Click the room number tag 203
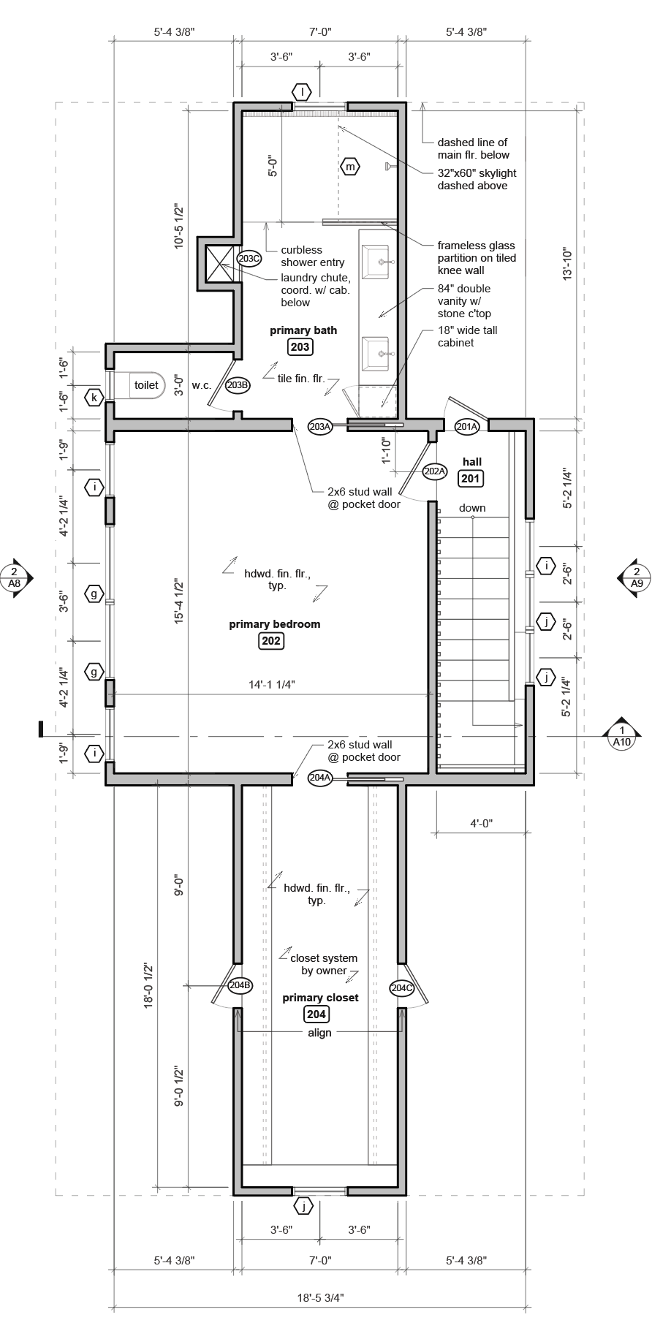coord(300,346)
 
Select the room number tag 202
coord(271,640)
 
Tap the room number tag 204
coord(316,1014)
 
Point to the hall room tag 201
coord(471,479)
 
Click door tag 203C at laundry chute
coord(249,258)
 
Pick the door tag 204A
coord(320,778)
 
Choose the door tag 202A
coord(434,471)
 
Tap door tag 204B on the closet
coord(240,985)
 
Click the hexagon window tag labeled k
coord(94,398)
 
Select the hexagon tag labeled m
coord(351,167)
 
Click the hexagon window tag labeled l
coord(302,92)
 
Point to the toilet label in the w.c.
coord(146,384)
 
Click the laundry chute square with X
coord(218,262)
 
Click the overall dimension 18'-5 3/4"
coord(321,1298)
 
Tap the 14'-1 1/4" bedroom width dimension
coord(271,684)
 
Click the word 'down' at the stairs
coord(472,508)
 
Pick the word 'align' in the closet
coord(319,1033)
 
